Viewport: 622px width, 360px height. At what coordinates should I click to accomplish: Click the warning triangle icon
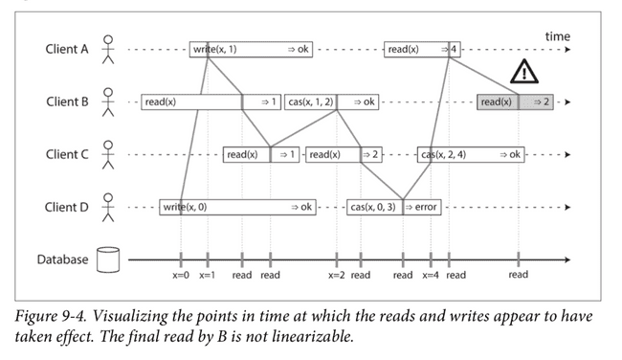[523, 71]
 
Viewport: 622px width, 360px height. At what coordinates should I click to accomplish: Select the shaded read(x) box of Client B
[515, 101]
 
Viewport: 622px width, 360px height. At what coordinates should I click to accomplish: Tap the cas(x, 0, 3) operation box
[374, 207]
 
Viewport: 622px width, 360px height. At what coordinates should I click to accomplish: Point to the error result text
[424, 207]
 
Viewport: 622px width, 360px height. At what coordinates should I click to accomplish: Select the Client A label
[68, 49]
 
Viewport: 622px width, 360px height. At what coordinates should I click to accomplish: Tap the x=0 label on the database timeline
[182, 276]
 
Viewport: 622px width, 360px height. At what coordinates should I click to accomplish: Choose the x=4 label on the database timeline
[431, 276]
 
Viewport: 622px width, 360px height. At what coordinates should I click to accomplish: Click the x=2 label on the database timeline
[336, 276]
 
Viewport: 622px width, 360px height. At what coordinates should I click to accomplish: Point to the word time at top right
[557, 36]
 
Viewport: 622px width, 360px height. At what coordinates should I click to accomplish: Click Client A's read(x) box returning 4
[422, 49]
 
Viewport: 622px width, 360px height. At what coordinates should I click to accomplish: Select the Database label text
[62, 259]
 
